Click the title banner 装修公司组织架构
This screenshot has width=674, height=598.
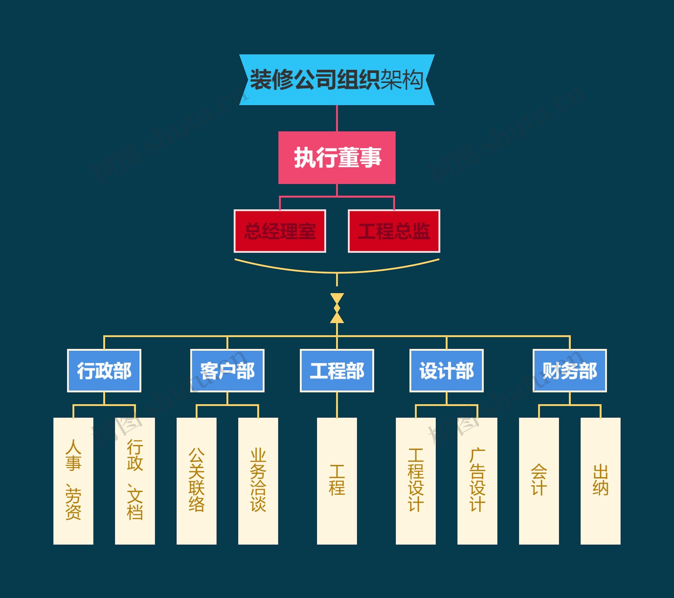coord(337,80)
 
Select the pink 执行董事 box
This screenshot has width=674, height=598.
coord(337,158)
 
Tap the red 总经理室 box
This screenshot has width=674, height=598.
coord(280,231)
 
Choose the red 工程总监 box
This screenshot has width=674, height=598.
coord(394,231)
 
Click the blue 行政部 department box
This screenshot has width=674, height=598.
coord(104,370)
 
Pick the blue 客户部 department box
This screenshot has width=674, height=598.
coord(227,370)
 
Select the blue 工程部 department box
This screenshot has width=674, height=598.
coord(337,370)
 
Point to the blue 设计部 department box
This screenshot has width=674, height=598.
coord(447,370)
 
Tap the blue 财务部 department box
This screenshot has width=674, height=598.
coord(569,370)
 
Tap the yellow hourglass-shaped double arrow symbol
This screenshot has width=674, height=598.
coord(337,308)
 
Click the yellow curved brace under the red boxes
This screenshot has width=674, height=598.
coord(337,272)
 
